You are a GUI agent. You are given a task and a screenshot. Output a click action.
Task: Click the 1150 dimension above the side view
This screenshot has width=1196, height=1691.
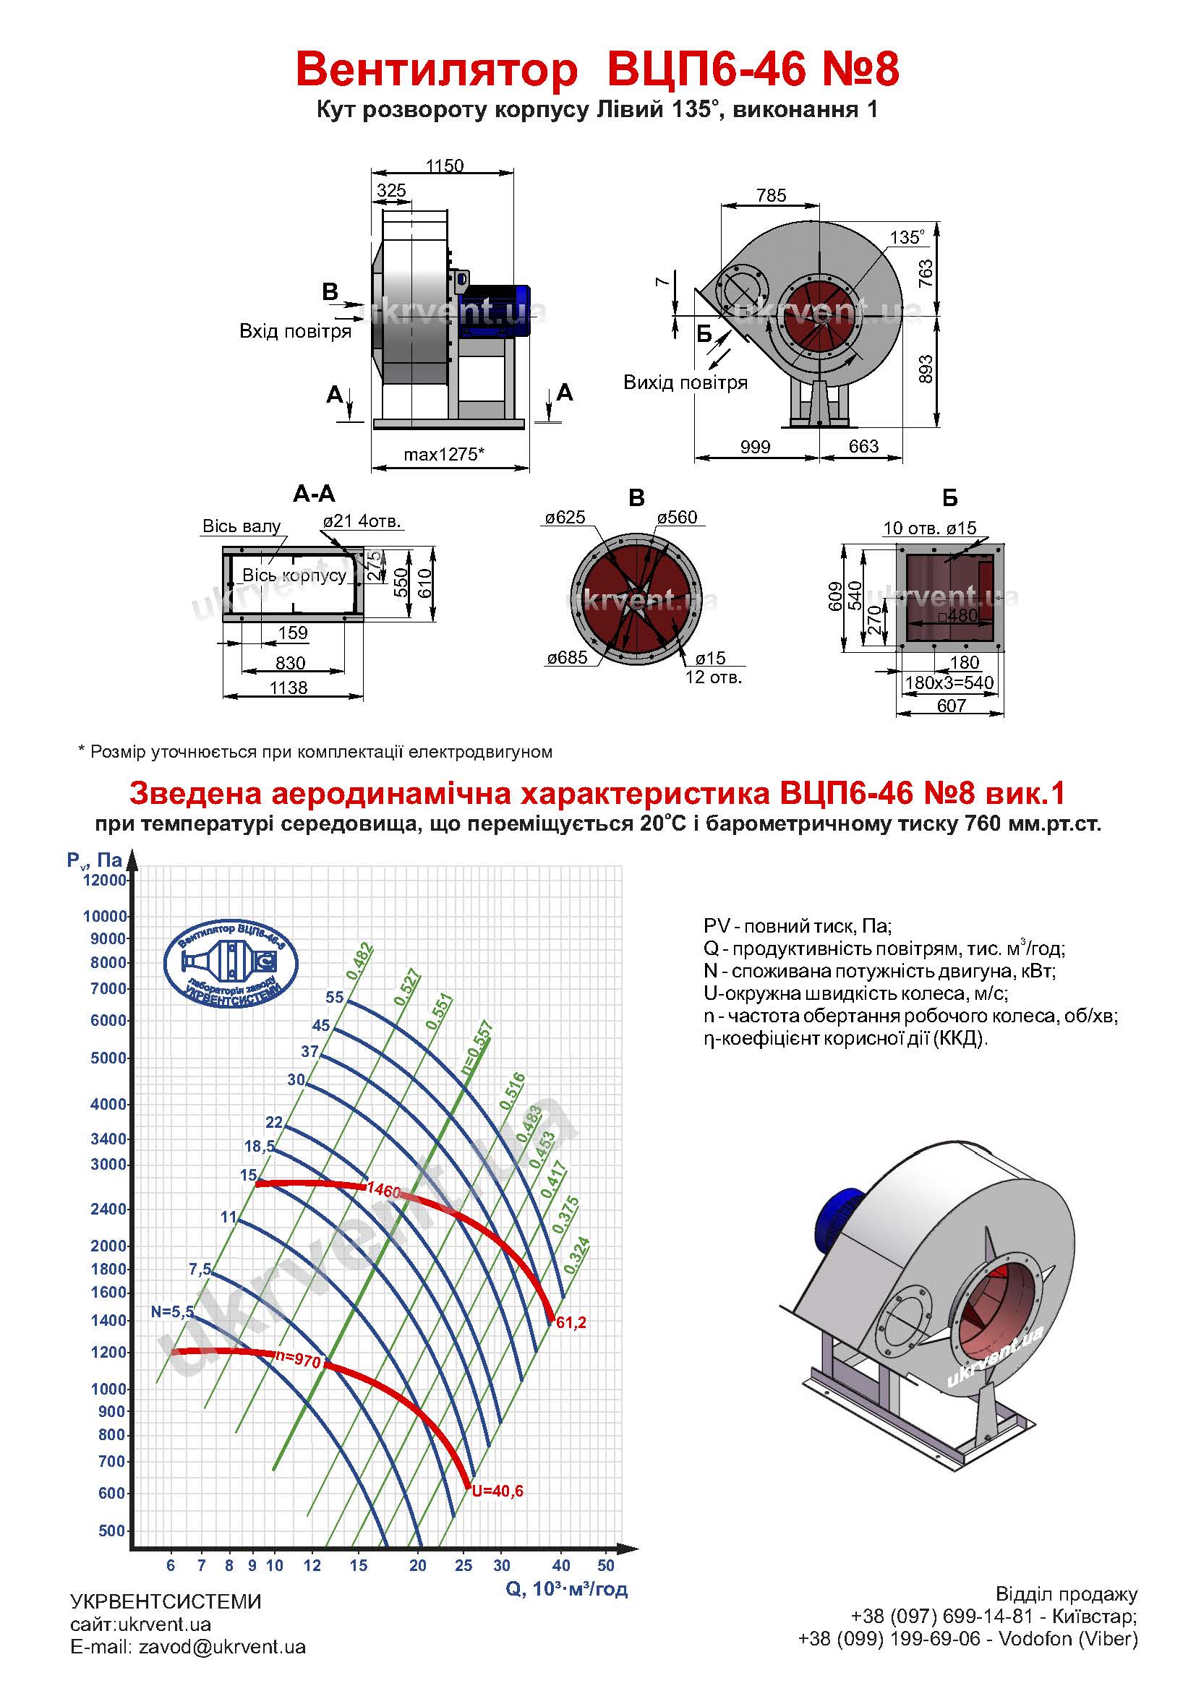(444, 166)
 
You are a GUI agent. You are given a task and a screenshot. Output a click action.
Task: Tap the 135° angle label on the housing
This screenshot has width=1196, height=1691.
(907, 237)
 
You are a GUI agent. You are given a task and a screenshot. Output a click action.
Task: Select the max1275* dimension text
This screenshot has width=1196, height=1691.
(443, 455)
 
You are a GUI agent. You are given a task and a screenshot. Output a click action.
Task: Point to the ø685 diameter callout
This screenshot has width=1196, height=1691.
(567, 658)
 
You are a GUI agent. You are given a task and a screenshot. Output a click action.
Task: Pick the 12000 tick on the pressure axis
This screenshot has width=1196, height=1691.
(106, 880)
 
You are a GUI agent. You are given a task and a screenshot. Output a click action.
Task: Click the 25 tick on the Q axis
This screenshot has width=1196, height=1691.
(464, 1566)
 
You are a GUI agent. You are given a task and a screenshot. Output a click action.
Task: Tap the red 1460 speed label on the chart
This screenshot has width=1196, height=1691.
(383, 1190)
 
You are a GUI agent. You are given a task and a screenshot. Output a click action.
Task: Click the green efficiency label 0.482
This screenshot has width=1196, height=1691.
(361, 961)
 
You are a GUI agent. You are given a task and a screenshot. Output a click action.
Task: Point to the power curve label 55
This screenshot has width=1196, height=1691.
(334, 997)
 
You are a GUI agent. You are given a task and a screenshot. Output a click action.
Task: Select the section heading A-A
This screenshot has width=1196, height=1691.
(314, 494)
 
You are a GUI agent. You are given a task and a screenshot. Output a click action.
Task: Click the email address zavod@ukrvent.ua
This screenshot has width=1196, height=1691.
(222, 1667)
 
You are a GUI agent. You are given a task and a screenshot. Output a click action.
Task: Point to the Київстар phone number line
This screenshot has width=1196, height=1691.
(994, 1638)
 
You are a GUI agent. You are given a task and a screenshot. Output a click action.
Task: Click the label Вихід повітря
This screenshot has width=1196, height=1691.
(685, 382)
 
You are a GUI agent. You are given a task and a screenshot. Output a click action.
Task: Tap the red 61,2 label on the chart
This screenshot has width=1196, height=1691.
(571, 1323)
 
